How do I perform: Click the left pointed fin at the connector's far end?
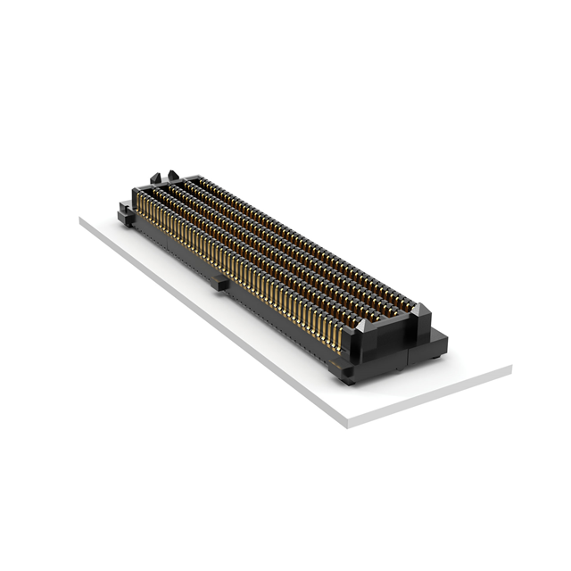tap(155, 177)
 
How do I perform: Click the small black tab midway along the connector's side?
tap(219, 283)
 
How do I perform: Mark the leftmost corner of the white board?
tap(80, 219)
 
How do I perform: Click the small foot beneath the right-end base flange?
tap(434, 358)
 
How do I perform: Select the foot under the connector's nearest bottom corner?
tap(347, 380)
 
